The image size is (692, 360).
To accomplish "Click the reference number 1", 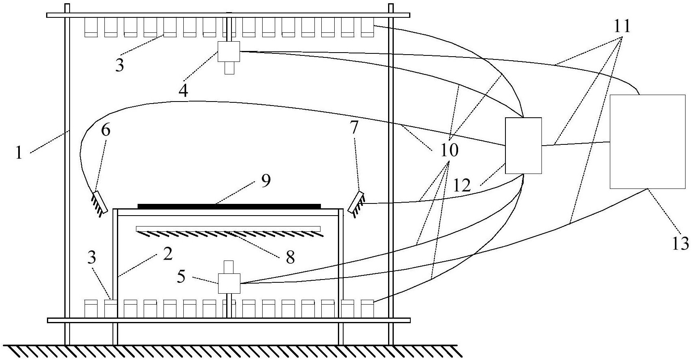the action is [19, 152].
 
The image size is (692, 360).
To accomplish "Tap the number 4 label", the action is [183, 90].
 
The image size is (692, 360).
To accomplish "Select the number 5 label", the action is [181, 276].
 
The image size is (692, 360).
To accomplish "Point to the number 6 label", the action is [106, 130].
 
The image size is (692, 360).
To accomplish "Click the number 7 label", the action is [354, 127].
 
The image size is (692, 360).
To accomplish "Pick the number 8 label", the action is [290, 257].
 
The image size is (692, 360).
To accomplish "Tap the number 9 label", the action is [266, 181].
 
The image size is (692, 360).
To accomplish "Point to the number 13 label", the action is [680, 244].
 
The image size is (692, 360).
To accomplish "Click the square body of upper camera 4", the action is [229, 51].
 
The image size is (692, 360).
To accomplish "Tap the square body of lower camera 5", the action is [229, 284].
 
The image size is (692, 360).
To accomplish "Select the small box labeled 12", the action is [523, 146].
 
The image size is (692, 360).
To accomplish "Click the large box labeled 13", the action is [647, 142].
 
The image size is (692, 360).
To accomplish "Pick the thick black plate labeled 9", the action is [229, 206].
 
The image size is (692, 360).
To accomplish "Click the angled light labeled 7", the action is [357, 204].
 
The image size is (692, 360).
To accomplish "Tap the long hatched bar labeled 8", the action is [229, 231].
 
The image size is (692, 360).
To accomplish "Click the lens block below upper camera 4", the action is [229, 68].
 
